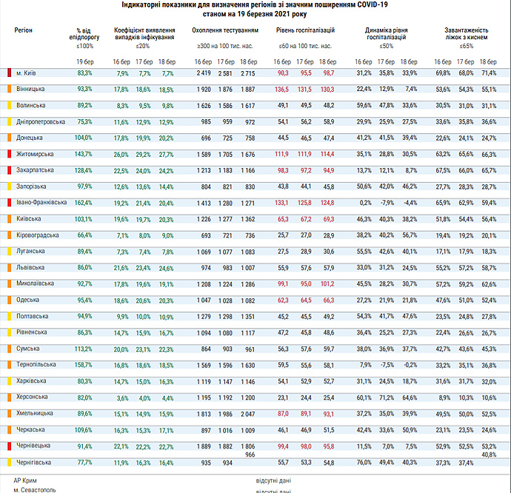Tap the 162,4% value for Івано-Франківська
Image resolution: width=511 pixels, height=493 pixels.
[x=84, y=202]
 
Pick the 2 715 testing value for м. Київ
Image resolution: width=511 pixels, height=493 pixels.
[x=248, y=73]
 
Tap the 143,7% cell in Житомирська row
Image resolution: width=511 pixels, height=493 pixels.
[x=84, y=154]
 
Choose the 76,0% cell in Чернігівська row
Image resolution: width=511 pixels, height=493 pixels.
[x=363, y=462]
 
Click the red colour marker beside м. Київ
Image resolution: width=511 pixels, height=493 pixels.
[x=9, y=73]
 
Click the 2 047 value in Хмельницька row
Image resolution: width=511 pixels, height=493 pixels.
[x=248, y=413]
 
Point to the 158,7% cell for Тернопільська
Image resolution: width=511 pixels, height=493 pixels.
[x=84, y=365]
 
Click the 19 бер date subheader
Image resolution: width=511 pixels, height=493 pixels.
[x=84, y=61]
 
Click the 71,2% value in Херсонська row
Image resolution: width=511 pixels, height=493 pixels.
[x=386, y=398]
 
